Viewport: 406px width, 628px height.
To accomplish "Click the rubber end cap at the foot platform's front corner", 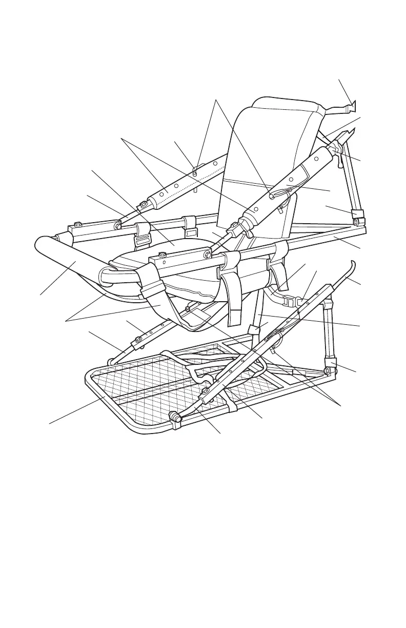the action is (177, 419).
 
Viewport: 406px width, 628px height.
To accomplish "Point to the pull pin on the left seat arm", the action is (195, 172).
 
